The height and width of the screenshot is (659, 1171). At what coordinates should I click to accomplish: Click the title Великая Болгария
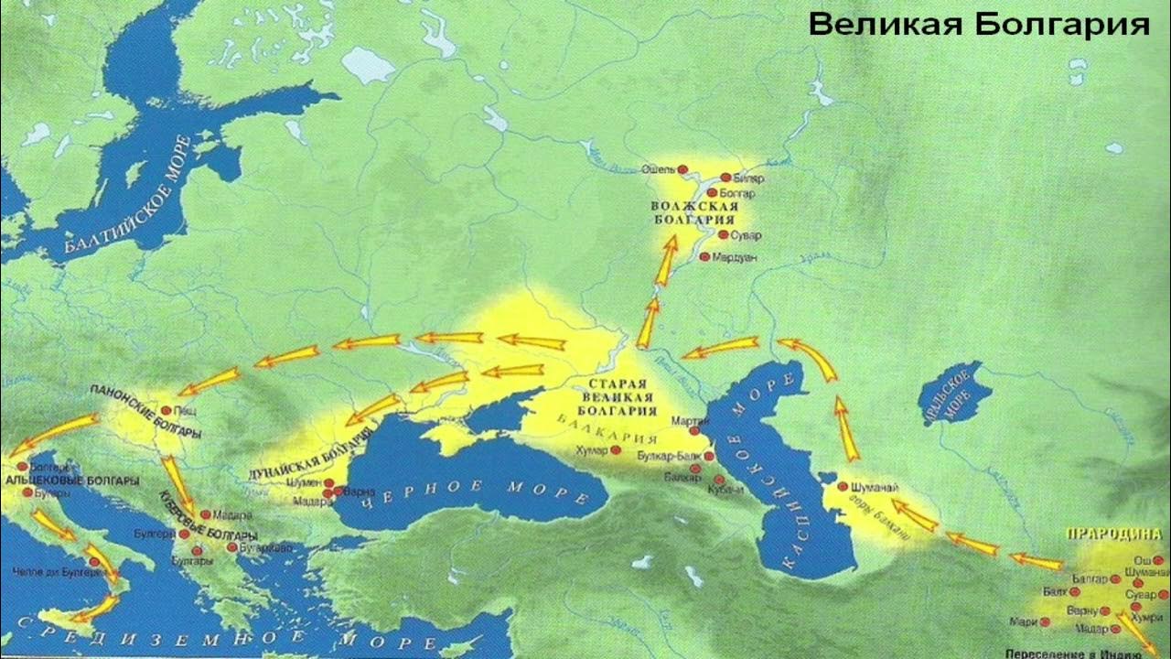(x=979, y=25)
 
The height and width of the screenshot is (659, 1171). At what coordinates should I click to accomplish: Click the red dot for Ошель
(x=682, y=169)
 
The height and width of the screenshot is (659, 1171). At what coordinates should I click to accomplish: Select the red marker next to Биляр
(x=725, y=178)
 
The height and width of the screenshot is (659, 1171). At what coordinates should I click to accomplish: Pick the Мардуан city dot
(x=704, y=257)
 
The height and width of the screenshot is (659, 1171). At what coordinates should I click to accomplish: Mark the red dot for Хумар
(x=615, y=450)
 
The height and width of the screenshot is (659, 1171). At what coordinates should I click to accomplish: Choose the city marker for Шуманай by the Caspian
(x=842, y=487)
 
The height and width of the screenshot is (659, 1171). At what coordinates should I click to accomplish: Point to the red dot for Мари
(x=1045, y=621)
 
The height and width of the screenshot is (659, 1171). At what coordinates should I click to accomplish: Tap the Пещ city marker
(x=166, y=411)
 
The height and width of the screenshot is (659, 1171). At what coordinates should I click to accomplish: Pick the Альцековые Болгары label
(x=73, y=480)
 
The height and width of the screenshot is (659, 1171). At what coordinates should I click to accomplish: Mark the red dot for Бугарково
(x=232, y=547)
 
